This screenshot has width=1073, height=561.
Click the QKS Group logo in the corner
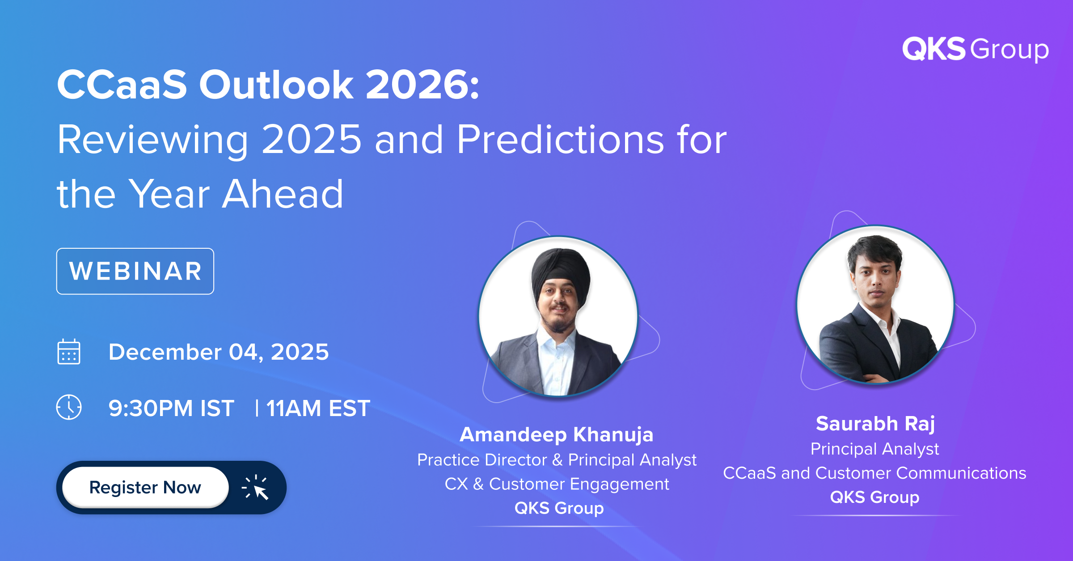(x=975, y=49)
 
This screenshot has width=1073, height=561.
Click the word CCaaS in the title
(x=122, y=85)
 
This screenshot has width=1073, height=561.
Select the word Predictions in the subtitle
(x=560, y=140)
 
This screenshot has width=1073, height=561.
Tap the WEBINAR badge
(x=135, y=271)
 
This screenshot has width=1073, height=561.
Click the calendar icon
(x=69, y=352)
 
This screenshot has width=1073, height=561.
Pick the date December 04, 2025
(x=219, y=352)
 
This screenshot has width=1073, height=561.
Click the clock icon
(x=69, y=407)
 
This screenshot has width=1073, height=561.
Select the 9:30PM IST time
(x=171, y=408)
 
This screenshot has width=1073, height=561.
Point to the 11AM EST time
(x=318, y=408)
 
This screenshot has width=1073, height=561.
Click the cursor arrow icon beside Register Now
(x=256, y=487)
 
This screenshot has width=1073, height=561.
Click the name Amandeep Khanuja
(x=557, y=434)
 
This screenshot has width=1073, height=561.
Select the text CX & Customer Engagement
(x=557, y=484)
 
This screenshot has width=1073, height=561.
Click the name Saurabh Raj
(x=875, y=424)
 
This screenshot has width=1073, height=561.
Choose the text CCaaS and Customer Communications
(x=874, y=473)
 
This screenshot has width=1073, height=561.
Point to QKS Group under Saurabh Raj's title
(x=874, y=497)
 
